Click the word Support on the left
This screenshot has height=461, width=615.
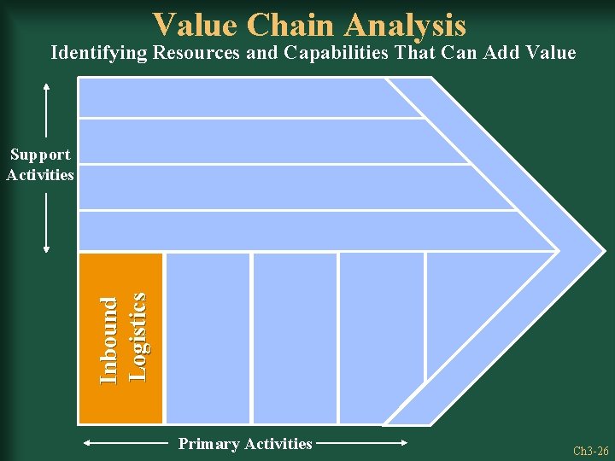40,155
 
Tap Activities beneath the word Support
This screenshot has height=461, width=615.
40,174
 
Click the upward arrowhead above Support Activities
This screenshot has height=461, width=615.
46,85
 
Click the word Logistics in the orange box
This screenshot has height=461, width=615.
137,336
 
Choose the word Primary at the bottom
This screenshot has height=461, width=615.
208,443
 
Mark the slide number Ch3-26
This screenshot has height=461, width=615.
590,451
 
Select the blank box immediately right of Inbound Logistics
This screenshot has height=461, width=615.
208,338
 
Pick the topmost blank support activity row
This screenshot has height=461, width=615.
239,97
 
